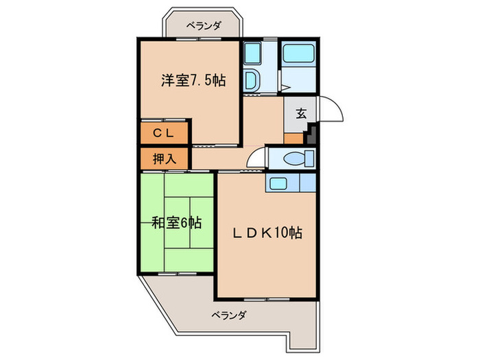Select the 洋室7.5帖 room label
tap(193, 80)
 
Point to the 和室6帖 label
tap(177, 223)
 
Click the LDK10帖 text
tap(268, 233)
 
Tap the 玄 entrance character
tap(300, 114)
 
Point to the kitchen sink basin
tap(278, 183)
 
